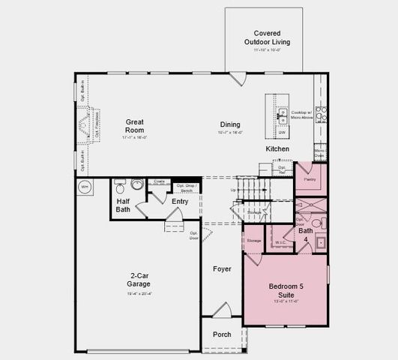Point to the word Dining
230,124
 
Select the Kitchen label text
277,149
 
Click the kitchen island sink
283,115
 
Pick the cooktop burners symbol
320,114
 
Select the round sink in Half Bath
137,184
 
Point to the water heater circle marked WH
84,186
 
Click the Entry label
180,201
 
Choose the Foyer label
222,268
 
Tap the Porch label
222,334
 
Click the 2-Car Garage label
139,280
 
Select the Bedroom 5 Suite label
284,290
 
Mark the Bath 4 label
305,235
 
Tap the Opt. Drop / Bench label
186,187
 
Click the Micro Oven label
319,153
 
